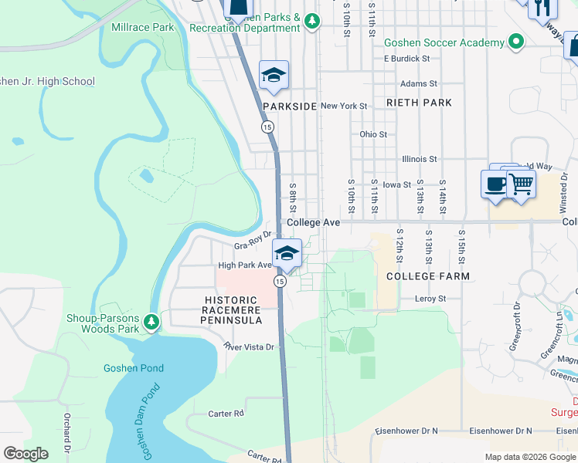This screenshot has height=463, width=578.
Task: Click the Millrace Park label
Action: (143, 27)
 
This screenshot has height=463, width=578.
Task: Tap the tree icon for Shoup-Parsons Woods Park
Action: (153, 321)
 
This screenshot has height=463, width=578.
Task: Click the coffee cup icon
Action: (495, 184)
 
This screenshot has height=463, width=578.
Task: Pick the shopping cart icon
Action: (522, 184)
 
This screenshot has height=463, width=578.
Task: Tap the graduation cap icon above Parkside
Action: (274, 75)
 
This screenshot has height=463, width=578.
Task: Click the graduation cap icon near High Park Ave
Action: (286, 253)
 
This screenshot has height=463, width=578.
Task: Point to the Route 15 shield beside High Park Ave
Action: (280, 282)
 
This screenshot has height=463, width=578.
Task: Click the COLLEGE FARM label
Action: (418, 275)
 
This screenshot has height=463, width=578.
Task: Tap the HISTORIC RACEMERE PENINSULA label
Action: (232, 310)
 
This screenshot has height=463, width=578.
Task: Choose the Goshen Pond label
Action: (134, 368)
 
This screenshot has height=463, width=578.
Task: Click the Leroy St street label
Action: (430, 299)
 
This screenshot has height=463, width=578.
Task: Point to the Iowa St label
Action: (396, 185)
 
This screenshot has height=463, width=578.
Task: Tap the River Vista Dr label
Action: (249, 347)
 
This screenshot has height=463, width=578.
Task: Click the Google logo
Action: (25, 454)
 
